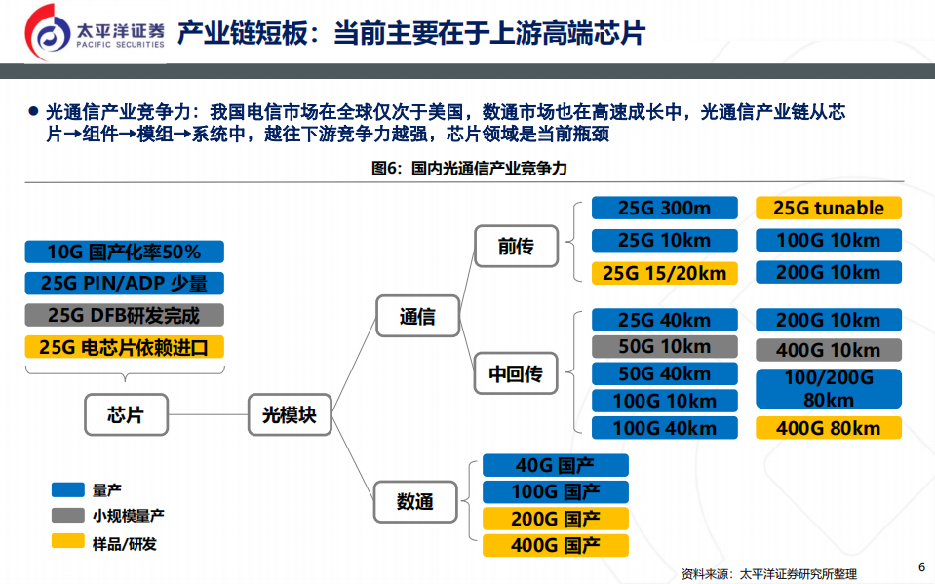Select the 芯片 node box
pyautogui.click(x=126, y=414)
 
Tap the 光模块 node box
pyautogui.click(x=290, y=414)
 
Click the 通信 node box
pyautogui.click(x=417, y=316)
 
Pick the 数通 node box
pyautogui.click(x=416, y=502)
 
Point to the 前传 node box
pyautogui.click(x=516, y=247)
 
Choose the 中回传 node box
pyautogui.click(x=516, y=372)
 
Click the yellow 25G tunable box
pyautogui.click(x=829, y=208)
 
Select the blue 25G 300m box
pyautogui.click(x=664, y=208)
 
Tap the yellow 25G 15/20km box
pyautogui.click(x=664, y=273)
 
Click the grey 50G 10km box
pyautogui.click(x=664, y=346)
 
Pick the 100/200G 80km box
pyautogui.click(x=829, y=389)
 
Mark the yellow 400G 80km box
pyautogui.click(x=829, y=428)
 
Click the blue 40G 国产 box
pyautogui.click(x=556, y=465)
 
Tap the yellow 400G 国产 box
pyautogui.click(x=556, y=545)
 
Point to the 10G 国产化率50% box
pyautogui.click(x=124, y=252)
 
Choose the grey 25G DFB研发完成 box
pyautogui.click(x=124, y=315)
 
